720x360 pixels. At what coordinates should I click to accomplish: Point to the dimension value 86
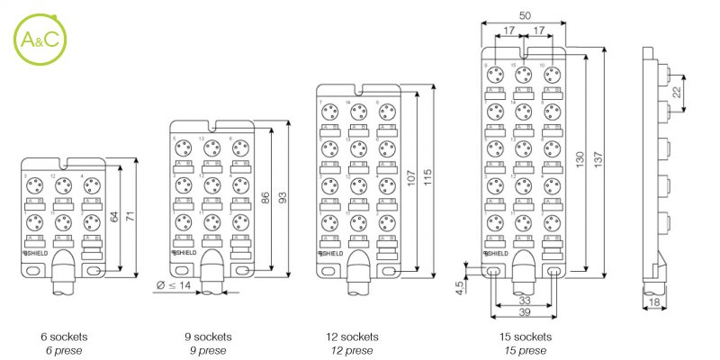[265, 198]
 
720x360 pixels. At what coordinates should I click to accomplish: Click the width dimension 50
[524, 14]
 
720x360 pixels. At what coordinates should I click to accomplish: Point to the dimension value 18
[654, 302]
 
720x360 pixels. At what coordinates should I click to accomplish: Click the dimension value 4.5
[459, 288]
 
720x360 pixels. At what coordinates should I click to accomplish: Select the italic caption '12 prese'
[350, 350]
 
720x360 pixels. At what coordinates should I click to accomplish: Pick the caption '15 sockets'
[526, 337]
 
